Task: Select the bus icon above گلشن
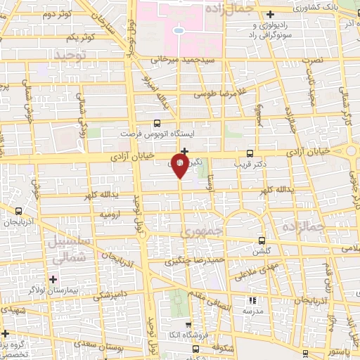[x=262, y=239]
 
